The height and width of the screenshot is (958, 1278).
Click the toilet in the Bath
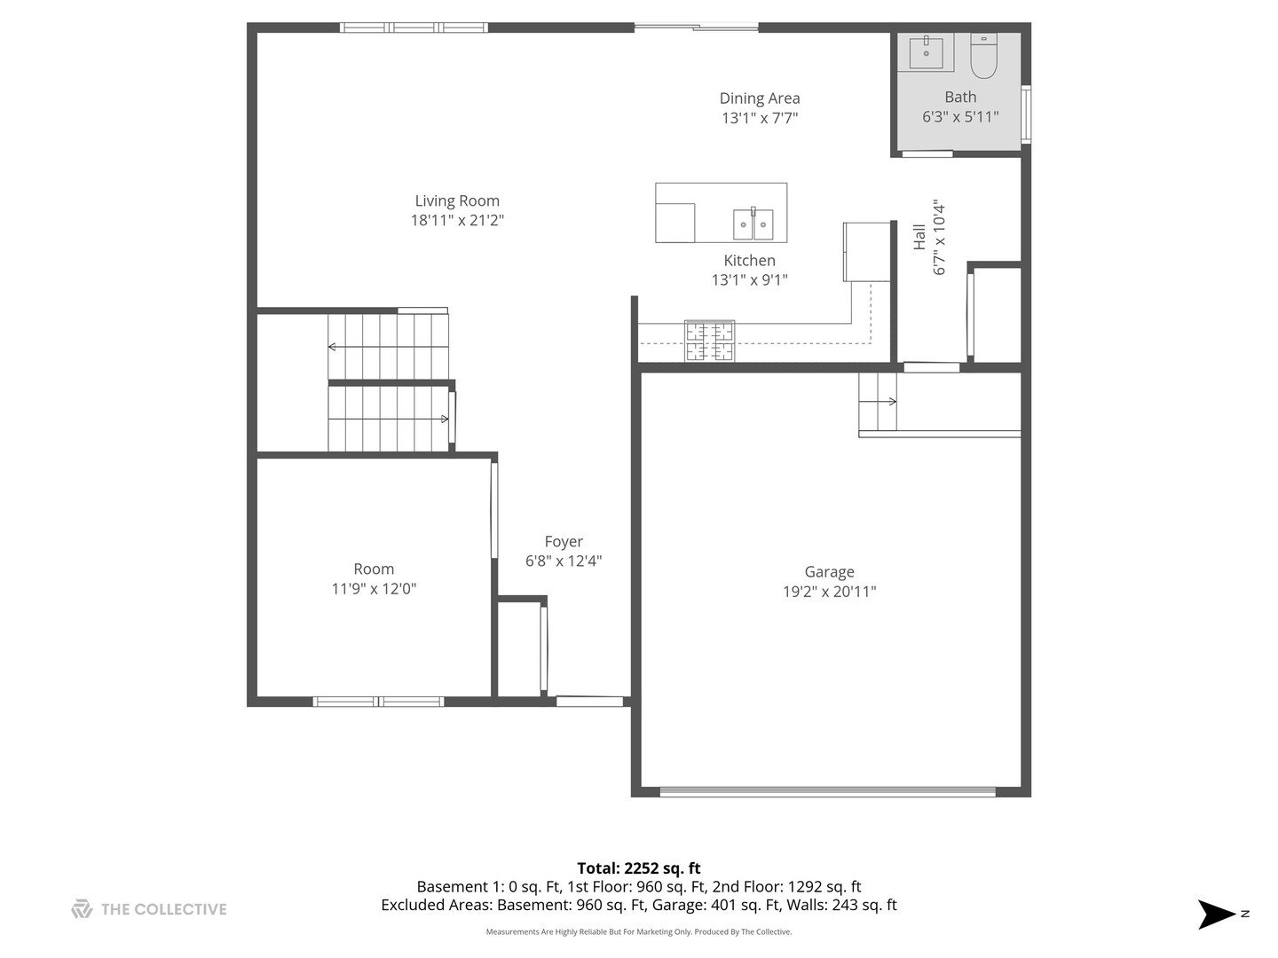tap(983, 55)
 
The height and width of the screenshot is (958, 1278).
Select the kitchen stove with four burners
tap(709, 341)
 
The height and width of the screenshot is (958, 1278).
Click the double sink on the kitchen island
tap(753, 224)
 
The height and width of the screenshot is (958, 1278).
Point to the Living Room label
tap(457, 201)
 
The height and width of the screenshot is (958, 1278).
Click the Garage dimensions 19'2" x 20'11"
tap(829, 592)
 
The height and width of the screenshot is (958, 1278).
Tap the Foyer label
tap(564, 541)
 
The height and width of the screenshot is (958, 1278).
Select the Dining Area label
tap(759, 98)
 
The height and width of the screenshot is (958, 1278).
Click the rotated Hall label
tap(919, 237)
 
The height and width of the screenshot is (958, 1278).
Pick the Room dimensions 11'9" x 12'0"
tap(374, 588)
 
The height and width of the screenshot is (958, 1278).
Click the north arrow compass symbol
tap(1217, 914)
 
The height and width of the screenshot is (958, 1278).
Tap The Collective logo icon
tap(82, 908)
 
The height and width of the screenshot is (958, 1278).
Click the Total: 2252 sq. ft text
tap(638, 868)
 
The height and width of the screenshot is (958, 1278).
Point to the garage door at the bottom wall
tap(827, 791)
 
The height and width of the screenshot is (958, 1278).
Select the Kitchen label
tap(749, 260)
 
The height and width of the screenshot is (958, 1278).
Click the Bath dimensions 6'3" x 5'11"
tap(960, 116)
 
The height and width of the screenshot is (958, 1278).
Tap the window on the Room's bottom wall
tap(378, 702)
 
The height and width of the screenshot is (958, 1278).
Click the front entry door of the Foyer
tap(589, 702)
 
